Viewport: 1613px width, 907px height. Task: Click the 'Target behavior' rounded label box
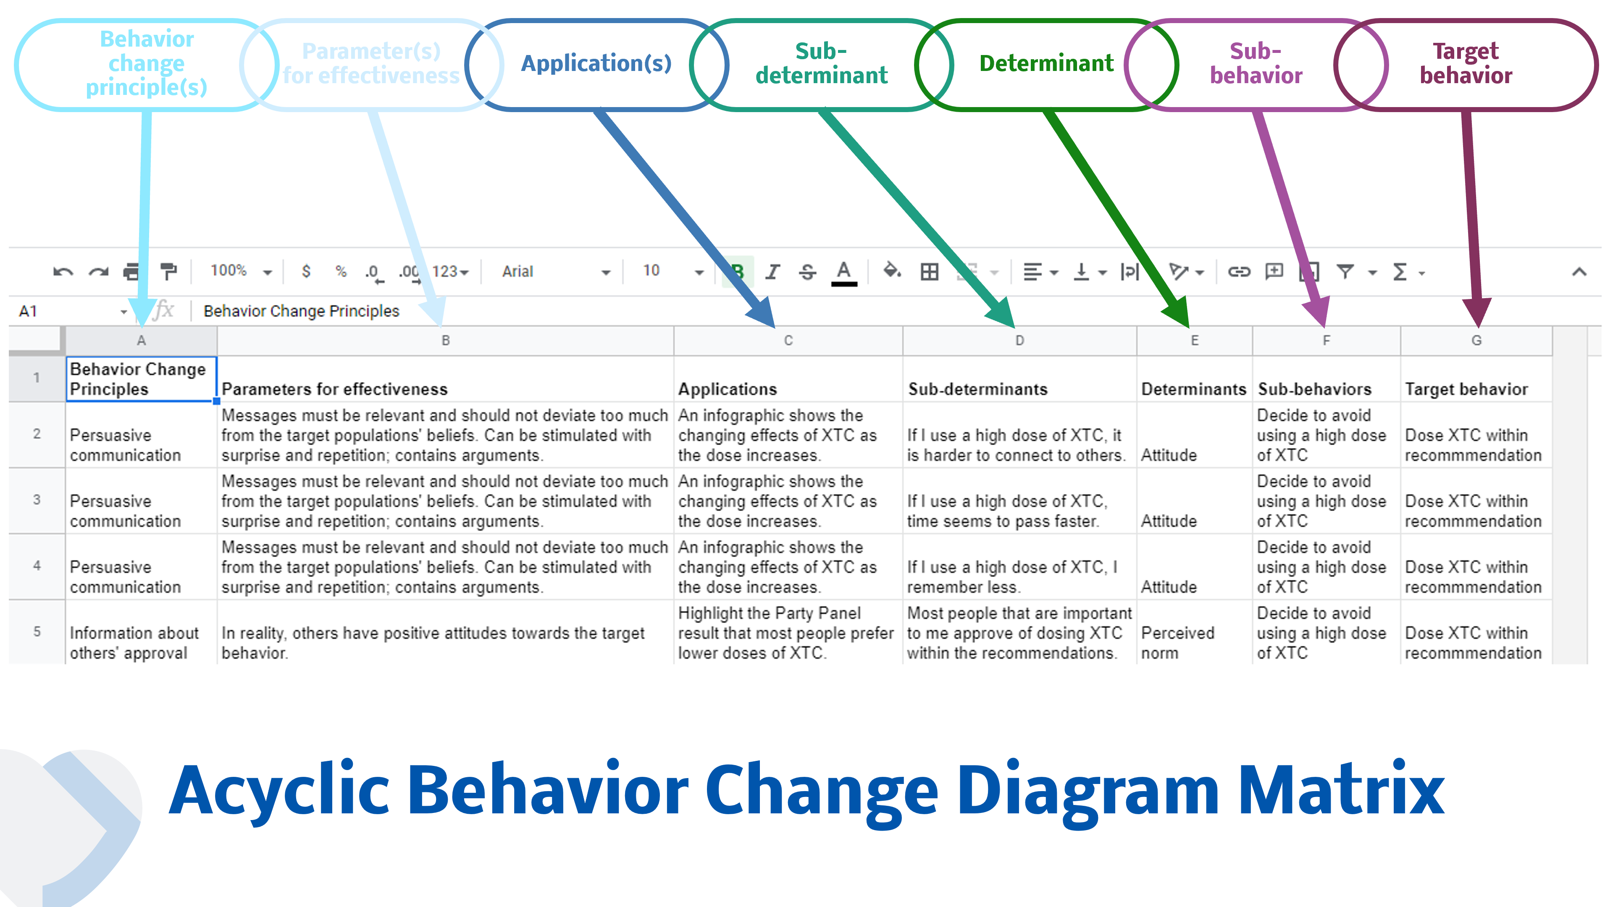click(1465, 64)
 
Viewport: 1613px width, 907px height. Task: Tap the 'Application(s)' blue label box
click(596, 64)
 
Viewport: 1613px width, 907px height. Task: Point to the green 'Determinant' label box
click(1046, 64)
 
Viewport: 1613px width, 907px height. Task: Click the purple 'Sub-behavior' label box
click(1256, 64)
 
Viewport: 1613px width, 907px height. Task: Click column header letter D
click(1019, 341)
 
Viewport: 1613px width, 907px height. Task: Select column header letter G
click(1476, 341)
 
